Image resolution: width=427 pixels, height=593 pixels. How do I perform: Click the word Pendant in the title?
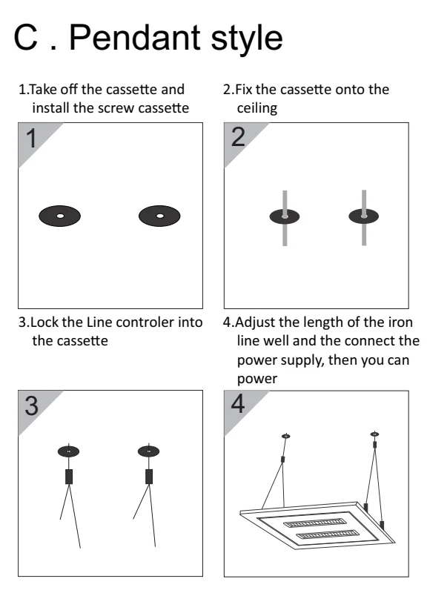coord(135,38)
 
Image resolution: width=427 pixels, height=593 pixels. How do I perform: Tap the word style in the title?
coord(246,39)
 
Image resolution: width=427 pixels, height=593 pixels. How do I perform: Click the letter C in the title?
coord(26,37)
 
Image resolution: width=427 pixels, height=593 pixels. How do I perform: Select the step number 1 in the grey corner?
coord(32,138)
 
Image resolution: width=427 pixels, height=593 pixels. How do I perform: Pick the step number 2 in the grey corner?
coord(238,137)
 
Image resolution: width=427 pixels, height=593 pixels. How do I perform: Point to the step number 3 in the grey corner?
coord(32,405)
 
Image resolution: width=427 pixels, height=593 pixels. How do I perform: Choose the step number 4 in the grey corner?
coord(238,404)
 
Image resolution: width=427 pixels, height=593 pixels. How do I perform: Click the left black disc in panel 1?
coord(60,216)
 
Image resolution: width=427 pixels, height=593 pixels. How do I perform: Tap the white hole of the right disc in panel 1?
coord(160,216)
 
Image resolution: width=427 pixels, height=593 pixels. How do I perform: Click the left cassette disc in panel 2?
coord(285,216)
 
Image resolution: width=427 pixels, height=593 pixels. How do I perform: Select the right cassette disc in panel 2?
coord(364,216)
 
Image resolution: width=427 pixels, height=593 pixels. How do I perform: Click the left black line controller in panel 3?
coord(69,477)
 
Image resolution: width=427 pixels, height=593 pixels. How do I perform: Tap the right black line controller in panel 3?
coord(149,477)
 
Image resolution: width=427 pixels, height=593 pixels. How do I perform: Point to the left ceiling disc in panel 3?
coord(68,451)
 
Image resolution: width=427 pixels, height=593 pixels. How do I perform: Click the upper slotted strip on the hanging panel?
coord(314,523)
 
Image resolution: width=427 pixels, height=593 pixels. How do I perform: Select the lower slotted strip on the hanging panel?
coord(327,534)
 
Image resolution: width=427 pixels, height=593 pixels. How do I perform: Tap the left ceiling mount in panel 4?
coord(286,436)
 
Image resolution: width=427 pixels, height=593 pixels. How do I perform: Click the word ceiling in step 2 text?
coord(257,108)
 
